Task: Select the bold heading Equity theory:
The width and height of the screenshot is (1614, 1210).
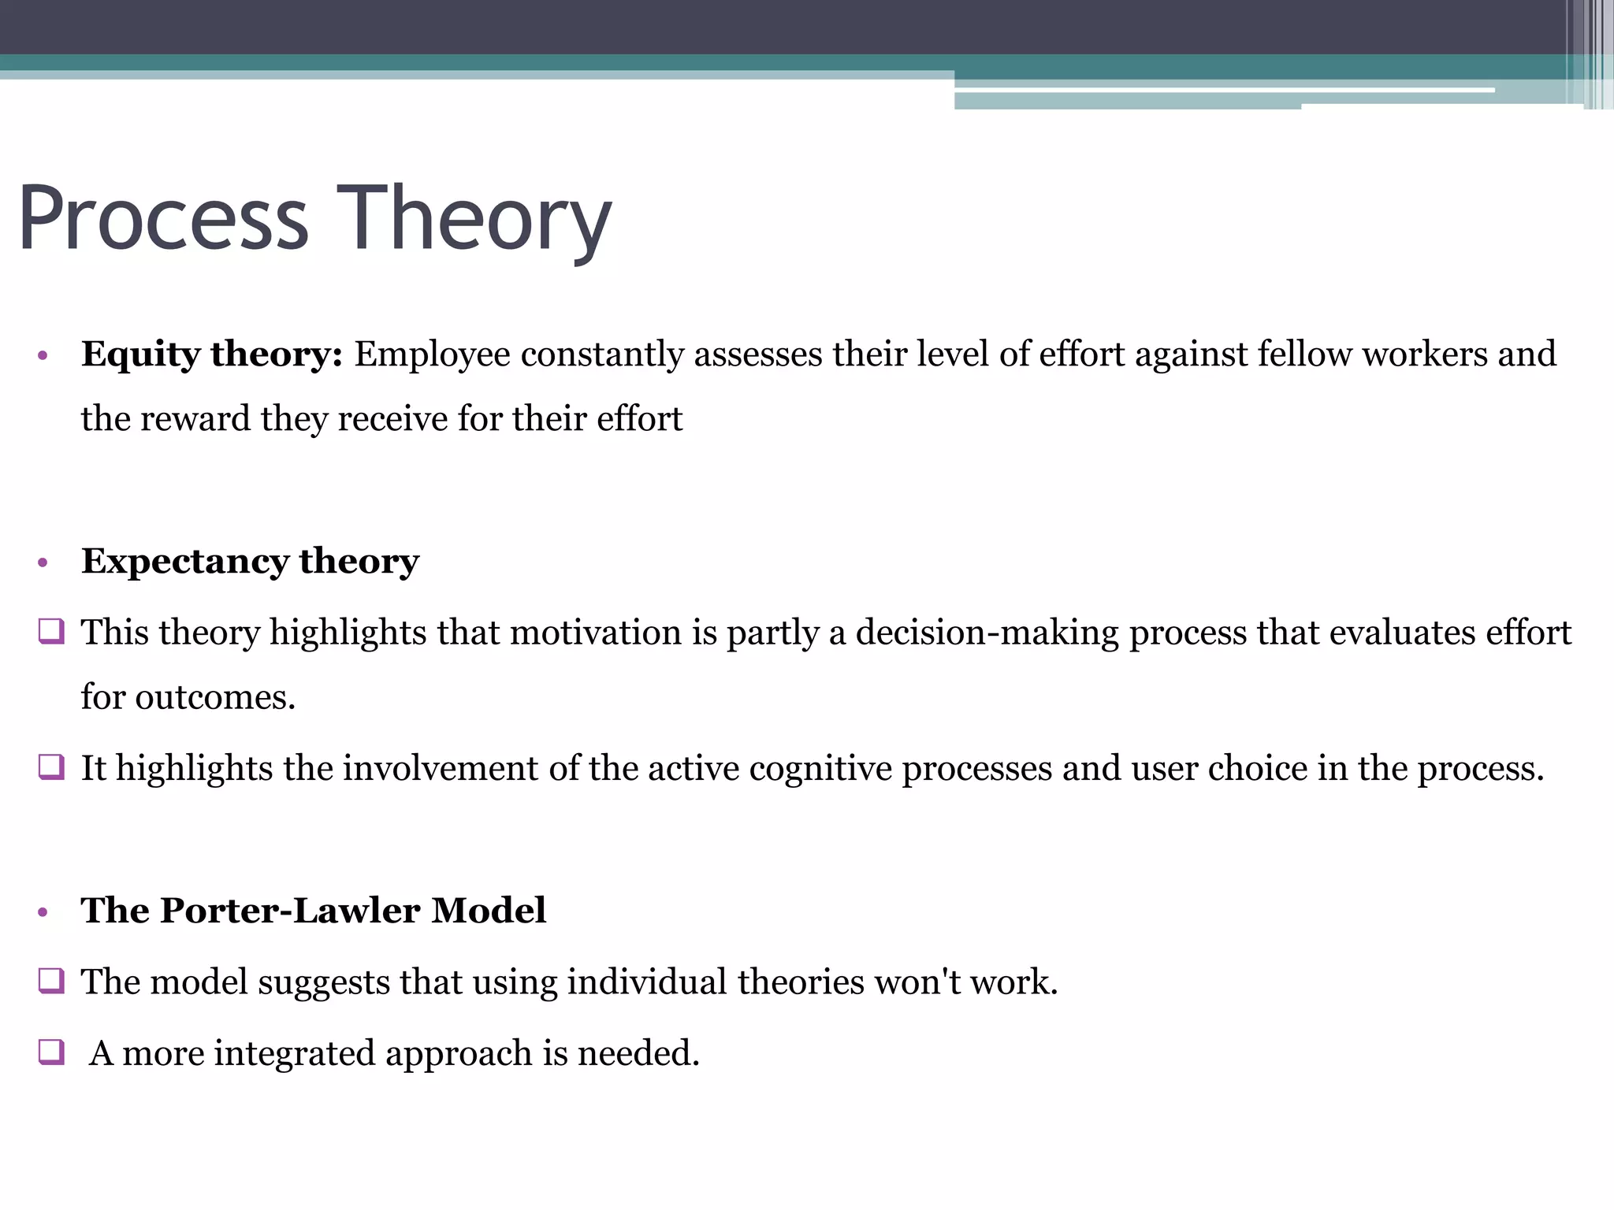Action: click(212, 354)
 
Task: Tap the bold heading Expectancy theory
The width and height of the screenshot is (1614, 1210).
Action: click(250, 562)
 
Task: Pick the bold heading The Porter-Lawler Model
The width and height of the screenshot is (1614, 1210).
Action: click(314, 911)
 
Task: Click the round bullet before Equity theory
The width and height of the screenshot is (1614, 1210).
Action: click(43, 357)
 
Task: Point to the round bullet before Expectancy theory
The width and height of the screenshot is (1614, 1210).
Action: click(43, 563)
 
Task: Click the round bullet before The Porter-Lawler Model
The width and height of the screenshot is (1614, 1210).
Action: click(43, 912)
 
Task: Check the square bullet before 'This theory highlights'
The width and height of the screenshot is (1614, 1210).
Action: click(50, 633)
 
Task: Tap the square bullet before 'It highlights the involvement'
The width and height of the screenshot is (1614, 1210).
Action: click(50, 767)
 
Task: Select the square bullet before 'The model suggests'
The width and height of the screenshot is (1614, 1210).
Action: click(50, 982)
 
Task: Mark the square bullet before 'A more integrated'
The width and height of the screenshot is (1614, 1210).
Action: click(50, 1052)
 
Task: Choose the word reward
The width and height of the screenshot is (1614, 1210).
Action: click(195, 418)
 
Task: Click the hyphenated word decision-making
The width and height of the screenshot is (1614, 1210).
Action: click(987, 633)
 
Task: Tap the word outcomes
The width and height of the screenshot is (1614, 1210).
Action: click(214, 697)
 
